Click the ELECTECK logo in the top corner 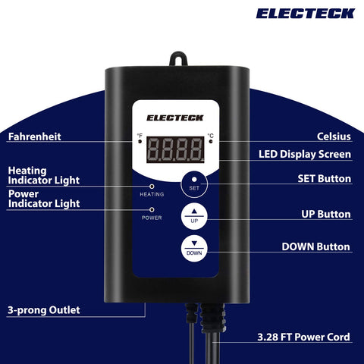tap(306, 14)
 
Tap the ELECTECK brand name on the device tap(175, 118)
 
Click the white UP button tap(194, 216)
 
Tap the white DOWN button tap(194, 249)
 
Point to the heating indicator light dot tap(152, 187)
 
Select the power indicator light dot tap(152, 209)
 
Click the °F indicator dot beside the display tap(140, 141)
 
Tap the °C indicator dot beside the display tap(211, 141)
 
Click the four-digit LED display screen tap(175, 149)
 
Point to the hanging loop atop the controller tap(178, 58)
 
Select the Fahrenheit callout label tap(35, 136)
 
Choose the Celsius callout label tap(334, 136)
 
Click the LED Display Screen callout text tap(305, 155)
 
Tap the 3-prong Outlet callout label tap(44, 310)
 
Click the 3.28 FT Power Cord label tap(303, 337)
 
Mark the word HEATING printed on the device tap(152, 194)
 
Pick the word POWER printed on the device tap(152, 218)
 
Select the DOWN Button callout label tap(316, 246)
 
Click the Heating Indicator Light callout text tap(44, 176)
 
